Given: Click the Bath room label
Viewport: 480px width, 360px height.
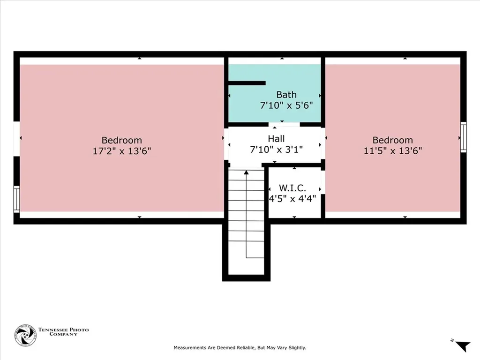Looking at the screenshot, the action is (286, 95).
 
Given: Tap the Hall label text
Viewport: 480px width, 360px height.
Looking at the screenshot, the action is (276, 139).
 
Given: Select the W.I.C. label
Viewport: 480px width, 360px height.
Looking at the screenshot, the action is (292, 187).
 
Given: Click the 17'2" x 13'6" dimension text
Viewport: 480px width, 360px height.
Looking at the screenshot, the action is (122, 151).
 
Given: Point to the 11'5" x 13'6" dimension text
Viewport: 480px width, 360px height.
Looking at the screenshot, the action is (393, 150).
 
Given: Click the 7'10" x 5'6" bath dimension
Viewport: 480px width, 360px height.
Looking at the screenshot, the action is (286, 105).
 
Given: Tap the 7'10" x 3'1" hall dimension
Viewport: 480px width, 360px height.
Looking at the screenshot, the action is (277, 150).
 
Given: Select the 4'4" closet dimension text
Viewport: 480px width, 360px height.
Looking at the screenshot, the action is (307, 199).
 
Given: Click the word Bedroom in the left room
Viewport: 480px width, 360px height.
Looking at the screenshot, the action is (122, 140).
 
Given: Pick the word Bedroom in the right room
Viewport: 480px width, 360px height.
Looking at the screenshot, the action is (393, 140).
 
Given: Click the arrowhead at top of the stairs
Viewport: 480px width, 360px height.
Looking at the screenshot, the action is (246, 172).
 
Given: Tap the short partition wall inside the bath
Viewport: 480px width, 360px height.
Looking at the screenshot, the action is (247, 83).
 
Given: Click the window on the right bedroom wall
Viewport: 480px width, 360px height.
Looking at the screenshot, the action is (464, 137).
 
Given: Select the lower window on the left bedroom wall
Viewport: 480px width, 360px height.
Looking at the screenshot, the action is (16, 199).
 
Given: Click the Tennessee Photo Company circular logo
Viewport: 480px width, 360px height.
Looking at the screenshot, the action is (25, 335).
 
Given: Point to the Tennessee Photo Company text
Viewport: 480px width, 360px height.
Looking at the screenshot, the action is (63, 332).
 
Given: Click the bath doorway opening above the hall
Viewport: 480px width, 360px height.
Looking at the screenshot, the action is (284, 125).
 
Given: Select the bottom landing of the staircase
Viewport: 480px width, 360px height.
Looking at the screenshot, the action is (246, 266).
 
